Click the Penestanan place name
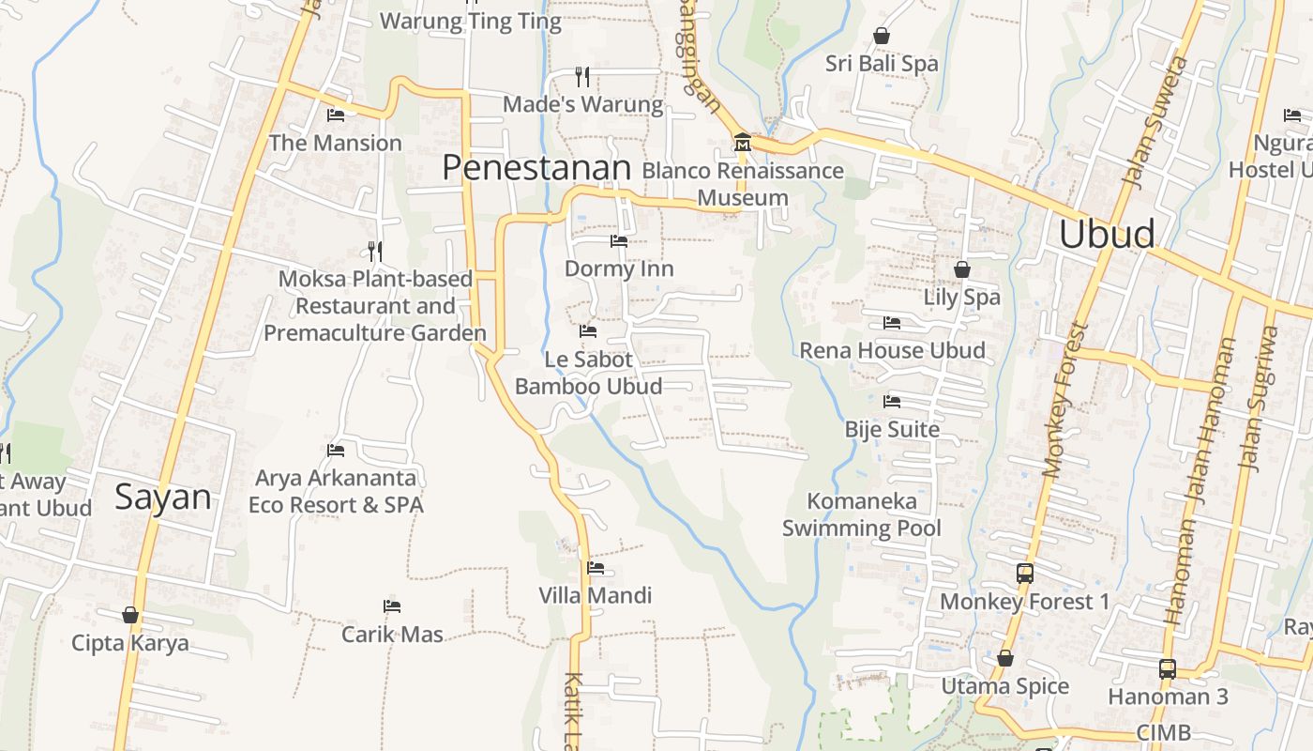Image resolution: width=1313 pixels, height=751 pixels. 536,168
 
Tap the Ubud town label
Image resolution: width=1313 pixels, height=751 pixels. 1107,235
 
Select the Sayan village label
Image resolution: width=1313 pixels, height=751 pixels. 163,497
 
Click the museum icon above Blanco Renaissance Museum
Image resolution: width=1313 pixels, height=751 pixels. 743,143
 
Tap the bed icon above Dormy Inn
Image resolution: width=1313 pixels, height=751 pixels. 619,241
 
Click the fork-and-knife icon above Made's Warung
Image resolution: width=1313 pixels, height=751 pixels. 582,76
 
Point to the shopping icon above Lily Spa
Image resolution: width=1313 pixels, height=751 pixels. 962,270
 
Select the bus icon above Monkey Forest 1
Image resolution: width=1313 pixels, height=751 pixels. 1025,573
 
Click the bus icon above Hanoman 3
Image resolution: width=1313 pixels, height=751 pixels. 1168,668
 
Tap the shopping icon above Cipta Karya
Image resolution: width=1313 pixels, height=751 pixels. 130,615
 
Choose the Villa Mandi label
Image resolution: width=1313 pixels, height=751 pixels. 595,595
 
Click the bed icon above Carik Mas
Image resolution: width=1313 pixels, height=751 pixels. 392,606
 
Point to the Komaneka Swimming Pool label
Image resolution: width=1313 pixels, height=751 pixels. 861,514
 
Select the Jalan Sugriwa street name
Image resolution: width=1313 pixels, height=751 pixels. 1259,398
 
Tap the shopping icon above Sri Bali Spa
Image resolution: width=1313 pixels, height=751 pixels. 882,37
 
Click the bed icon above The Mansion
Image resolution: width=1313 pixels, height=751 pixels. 336,115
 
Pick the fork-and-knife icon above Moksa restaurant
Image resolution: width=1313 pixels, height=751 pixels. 375,251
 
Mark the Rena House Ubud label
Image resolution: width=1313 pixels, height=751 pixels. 892,350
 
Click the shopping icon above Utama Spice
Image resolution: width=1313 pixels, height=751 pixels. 1005,658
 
